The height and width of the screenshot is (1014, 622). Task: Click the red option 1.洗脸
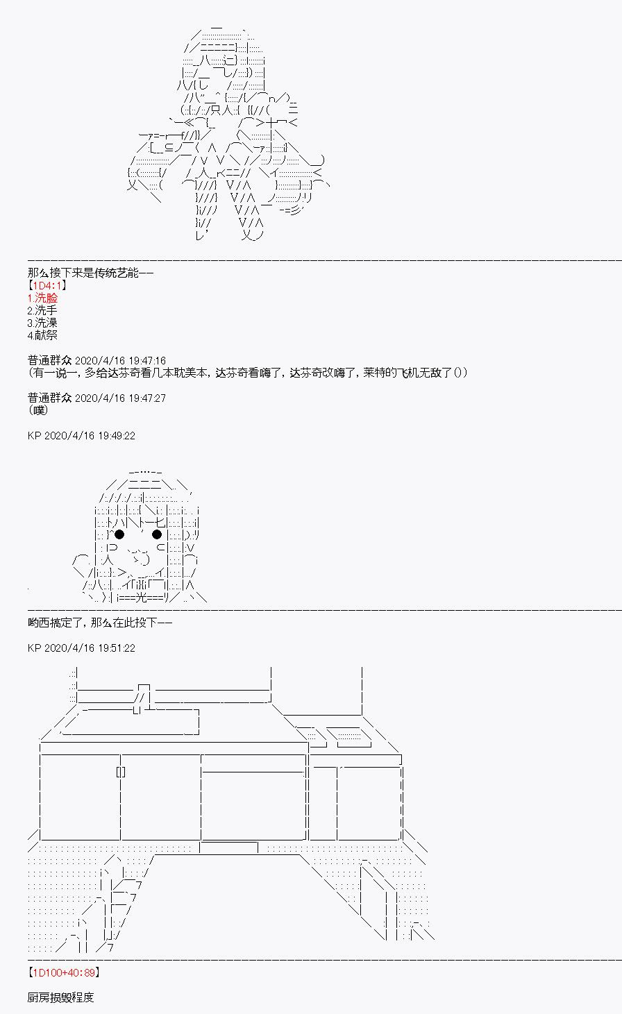pyautogui.click(x=42, y=298)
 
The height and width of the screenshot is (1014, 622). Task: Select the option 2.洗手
pyautogui.click(x=42, y=310)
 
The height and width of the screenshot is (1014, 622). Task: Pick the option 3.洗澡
pyautogui.click(x=42, y=323)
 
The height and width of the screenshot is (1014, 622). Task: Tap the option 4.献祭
pyautogui.click(x=42, y=335)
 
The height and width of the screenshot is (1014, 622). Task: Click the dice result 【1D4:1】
pyautogui.click(x=47, y=285)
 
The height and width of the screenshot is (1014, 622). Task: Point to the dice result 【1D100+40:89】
pyautogui.click(x=64, y=972)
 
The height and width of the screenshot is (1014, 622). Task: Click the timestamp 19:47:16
pyautogui.click(x=147, y=361)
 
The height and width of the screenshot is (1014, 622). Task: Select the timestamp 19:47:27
pyautogui.click(x=147, y=398)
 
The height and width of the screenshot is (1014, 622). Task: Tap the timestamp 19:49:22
pyautogui.click(x=117, y=436)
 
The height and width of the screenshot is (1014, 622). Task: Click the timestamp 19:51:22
pyautogui.click(x=117, y=648)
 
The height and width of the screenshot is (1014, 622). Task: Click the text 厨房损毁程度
pyautogui.click(x=60, y=997)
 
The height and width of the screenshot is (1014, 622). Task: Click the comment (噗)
pyautogui.click(x=38, y=411)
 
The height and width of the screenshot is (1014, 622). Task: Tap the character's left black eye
pyautogui.click(x=119, y=534)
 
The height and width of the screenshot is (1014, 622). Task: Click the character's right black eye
pyautogui.click(x=157, y=534)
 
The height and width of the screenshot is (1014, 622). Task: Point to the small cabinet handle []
pyautogui.click(x=121, y=772)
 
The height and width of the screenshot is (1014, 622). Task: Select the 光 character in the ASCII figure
pyautogui.click(x=141, y=598)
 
